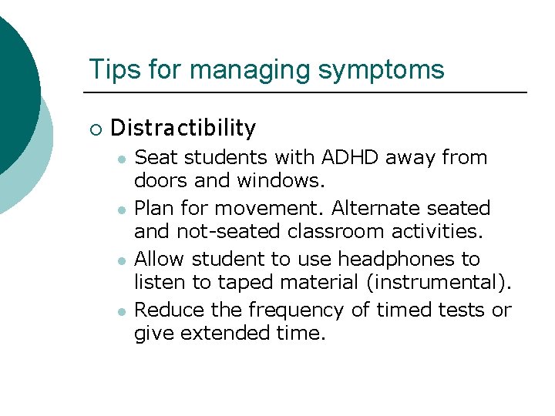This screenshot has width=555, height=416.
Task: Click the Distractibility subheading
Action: (183, 127)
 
